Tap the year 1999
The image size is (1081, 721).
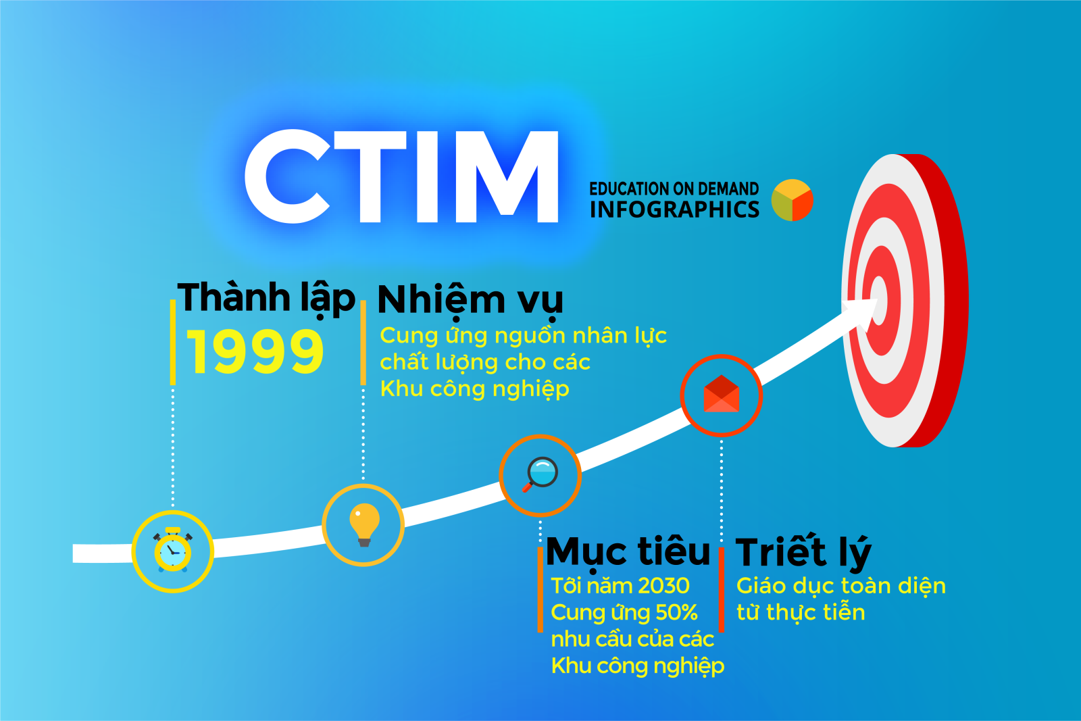pos(255,352)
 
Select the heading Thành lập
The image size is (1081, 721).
pos(266,298)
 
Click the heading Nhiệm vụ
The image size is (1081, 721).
pos(470,299)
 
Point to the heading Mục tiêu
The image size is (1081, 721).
pos(628,552)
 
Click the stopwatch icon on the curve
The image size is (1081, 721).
pos(173,551)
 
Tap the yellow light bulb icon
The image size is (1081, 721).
pos(363,524)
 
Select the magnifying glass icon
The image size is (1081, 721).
pos(540,474)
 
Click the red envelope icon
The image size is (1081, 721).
pos(721,395)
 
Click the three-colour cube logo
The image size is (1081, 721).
pos(792,200)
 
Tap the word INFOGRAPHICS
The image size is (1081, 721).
pos(674,209)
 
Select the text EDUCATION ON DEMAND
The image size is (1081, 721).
pos(674,189)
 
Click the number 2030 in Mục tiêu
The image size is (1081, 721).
pos(663,586)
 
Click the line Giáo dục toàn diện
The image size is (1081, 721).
pos(840,586)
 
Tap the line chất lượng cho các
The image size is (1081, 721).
pos(485,362)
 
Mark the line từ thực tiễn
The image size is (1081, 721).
pos(801,612)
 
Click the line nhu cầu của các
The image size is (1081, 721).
pos(632,639)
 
